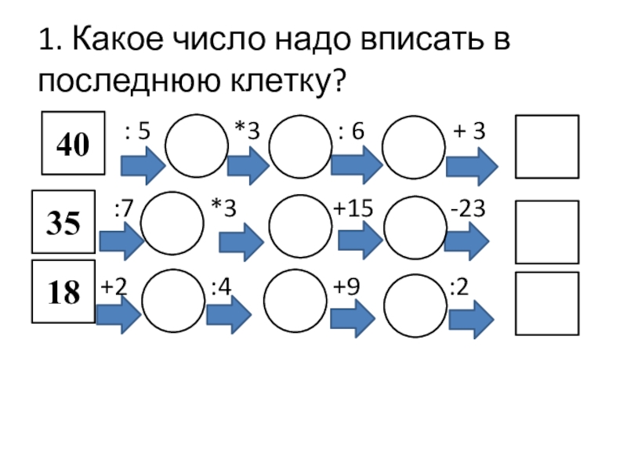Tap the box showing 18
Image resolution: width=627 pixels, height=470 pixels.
(63, 292)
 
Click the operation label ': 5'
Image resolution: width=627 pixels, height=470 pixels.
(137, 132)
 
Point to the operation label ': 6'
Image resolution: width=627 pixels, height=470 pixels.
(351, 132)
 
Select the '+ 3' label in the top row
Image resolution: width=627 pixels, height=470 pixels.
(469, 132)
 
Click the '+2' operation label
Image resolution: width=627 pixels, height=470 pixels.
(114, 287)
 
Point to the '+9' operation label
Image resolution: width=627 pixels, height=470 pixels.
(346, 287)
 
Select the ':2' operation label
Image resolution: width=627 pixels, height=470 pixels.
(458, 287)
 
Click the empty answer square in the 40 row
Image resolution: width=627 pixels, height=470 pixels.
(547, 146)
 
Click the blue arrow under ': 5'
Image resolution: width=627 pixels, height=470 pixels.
(142, 166)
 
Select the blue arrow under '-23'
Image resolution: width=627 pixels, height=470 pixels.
(467, 240)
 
